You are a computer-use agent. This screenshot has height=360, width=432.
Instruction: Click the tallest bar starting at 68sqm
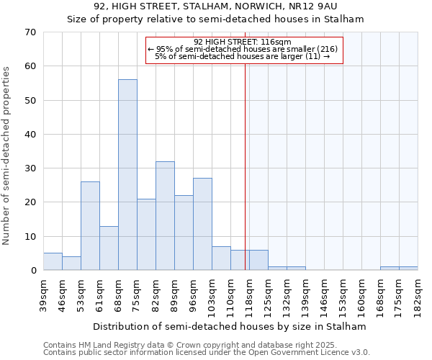coord(127,175)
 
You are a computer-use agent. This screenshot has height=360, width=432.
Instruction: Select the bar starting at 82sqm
coord(165,216)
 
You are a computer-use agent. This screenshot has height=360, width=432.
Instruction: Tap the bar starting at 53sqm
coord(90,226)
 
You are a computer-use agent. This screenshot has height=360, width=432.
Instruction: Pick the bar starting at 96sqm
coord(202,224)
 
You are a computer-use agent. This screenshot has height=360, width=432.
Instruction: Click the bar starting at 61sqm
coord(109,248)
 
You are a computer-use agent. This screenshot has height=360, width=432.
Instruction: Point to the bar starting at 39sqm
coord(53,262)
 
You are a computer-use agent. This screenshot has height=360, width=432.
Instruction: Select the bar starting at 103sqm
coord(221,258)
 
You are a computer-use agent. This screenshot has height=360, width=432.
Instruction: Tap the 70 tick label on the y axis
coord(30,32)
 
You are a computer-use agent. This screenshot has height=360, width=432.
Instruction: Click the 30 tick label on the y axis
coord(30,168)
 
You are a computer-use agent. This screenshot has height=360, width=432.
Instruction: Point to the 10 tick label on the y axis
coord(30,236)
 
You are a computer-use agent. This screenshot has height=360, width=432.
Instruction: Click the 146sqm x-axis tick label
coord(324,295)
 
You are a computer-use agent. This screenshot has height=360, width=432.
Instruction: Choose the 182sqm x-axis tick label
coord(418,295)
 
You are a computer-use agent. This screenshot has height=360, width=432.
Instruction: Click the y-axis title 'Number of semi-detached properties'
coord(7,155)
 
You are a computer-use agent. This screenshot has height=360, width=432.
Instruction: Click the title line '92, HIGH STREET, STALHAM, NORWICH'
coord(216,6)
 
